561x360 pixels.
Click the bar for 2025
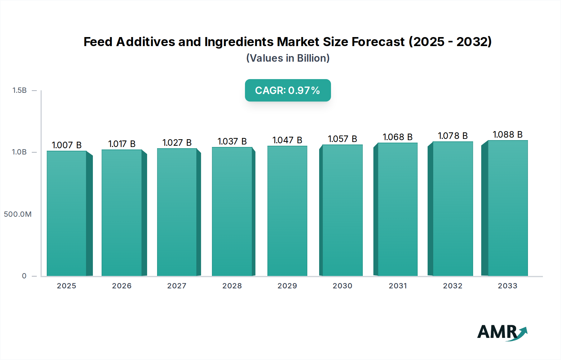tap(66, 213)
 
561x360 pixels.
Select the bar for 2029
tap(287, 211)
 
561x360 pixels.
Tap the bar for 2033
tap(507, 208)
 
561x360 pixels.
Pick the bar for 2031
tap(397, 209)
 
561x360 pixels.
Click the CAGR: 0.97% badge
tap(288, 90)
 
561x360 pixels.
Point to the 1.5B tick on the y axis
tap(20, 90)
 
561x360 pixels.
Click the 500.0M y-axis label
tap(18, 214)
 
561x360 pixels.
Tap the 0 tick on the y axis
tap(24, 276)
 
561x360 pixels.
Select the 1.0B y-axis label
tap(19, 152)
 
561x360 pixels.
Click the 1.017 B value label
tap(122, 144)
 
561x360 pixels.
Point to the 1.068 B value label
tap(397, 137)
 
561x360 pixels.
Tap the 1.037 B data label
tap(232, 141)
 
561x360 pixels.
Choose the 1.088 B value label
tap(507, 135)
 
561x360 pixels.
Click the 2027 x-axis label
tap(177, 286)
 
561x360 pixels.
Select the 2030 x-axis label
tap(342, 286)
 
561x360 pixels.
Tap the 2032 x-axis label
tap(453, 286)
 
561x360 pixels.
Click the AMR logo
tap(502, 332)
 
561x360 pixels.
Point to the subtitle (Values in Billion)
tap(288, 58)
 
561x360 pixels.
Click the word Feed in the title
tap(98, 42)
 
